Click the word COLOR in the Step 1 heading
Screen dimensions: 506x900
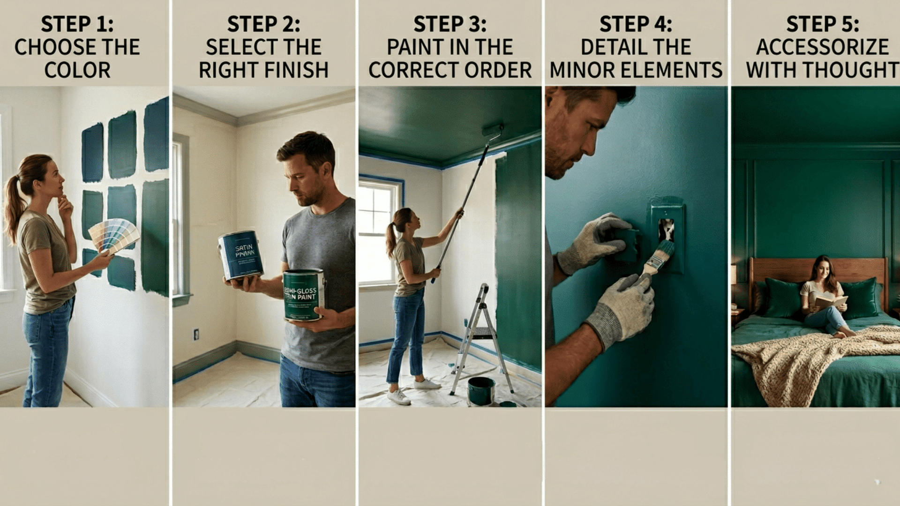[77, 70]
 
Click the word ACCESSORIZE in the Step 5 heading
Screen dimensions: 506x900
[822, 47]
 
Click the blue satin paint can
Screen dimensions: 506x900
[241, 255]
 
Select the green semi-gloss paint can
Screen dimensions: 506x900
[304, 295]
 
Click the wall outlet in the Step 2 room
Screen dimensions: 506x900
[196, 334]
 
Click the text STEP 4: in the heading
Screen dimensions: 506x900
[636, 24]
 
